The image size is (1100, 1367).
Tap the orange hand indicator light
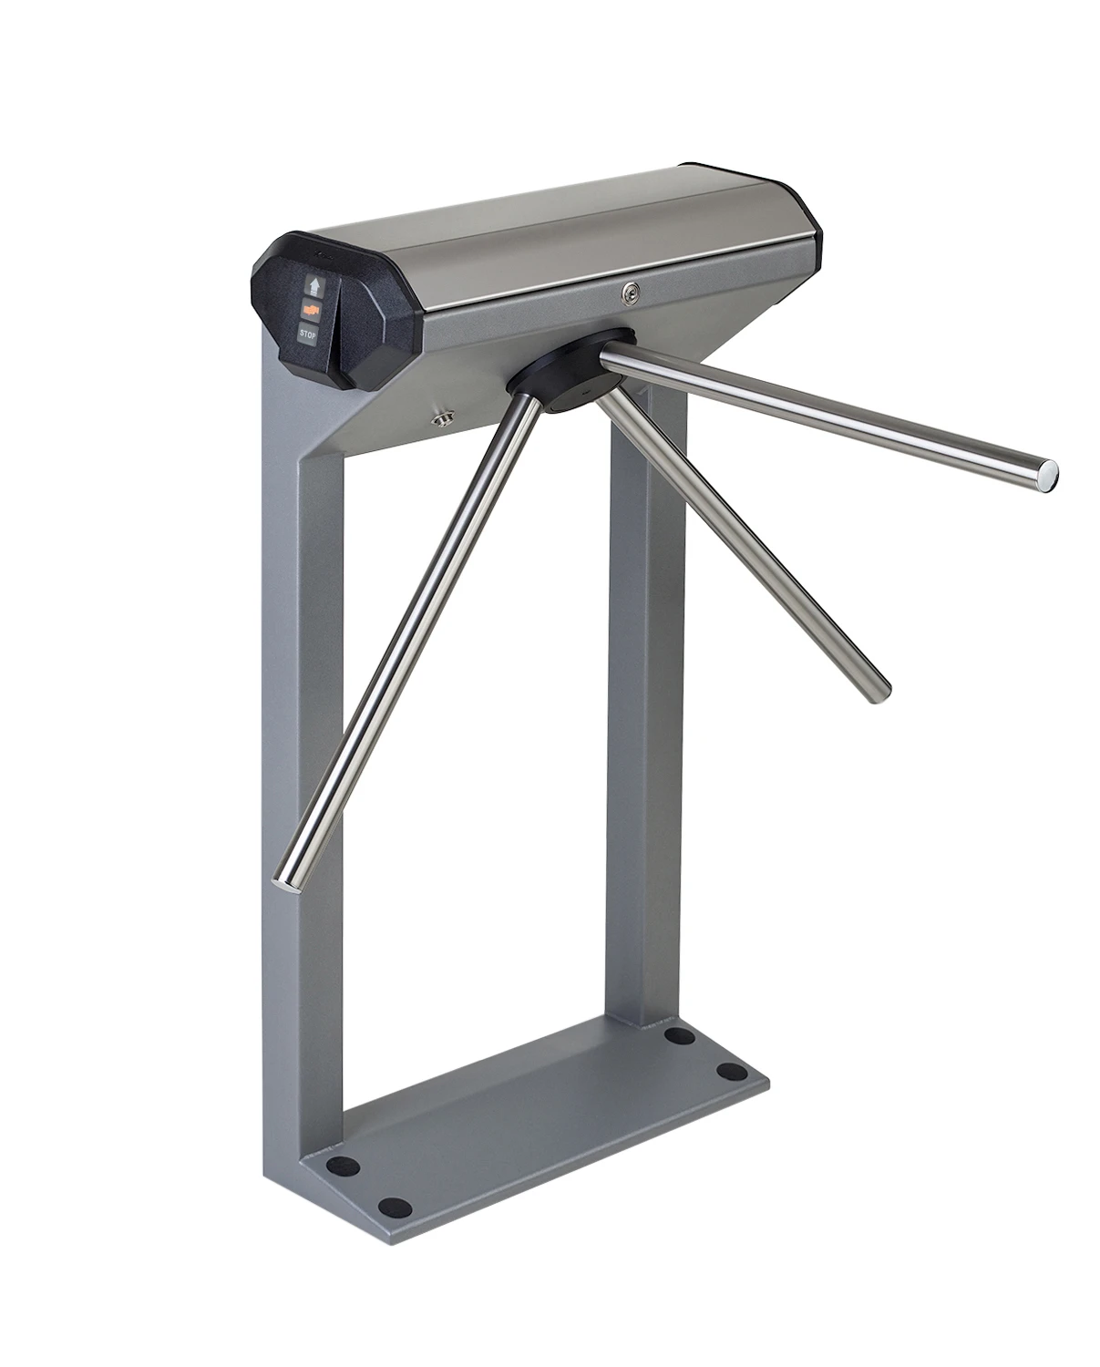(x=314, y=311)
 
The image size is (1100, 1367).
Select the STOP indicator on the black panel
(x=309, y=335)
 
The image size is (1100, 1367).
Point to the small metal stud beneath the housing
(x=444, y=417)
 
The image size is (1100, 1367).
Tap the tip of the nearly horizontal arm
(x=1049, y=472)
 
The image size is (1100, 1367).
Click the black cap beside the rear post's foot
(x=676, y=1035)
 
